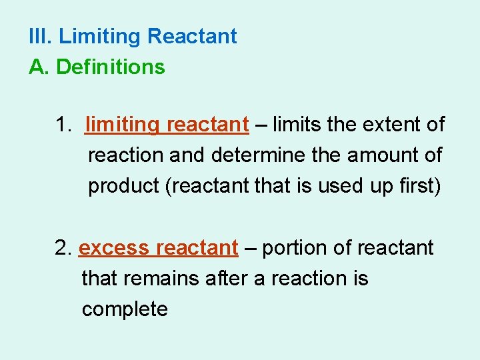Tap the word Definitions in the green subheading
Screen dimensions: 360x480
coord(111,67)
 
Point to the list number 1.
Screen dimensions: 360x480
coord(64,125)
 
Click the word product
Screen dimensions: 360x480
coord(123,187)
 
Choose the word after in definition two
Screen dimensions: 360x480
coord(227,279)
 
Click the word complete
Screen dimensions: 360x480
coord(125,310)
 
